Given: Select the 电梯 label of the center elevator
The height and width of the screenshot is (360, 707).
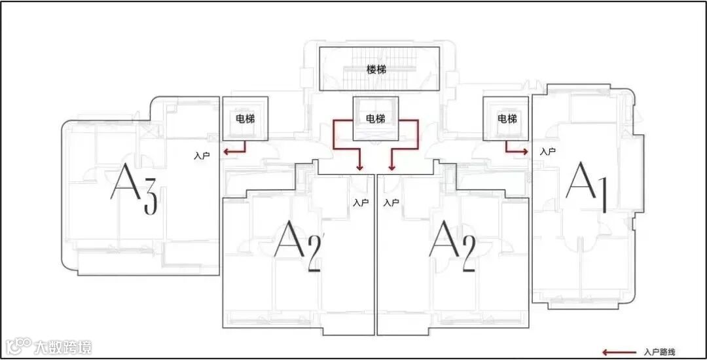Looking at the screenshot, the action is point(375,119).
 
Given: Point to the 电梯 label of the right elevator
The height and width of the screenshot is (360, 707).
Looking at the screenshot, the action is point(507,119).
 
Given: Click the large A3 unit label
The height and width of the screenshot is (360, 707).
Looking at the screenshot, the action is point(134,189).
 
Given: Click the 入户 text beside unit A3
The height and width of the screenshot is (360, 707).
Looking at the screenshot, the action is point(202,156).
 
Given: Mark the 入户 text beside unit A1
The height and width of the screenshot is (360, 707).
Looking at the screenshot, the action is point(548,151).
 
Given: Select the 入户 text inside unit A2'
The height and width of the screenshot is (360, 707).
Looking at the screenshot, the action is point(361,203).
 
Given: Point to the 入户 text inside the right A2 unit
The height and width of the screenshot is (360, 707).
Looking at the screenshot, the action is point(391,203).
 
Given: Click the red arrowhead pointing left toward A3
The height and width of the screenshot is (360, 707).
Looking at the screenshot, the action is point(225,152).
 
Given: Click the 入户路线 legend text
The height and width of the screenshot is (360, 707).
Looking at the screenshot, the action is point(659,351).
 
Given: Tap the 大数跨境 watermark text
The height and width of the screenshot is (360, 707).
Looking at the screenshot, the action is point(63,347).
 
